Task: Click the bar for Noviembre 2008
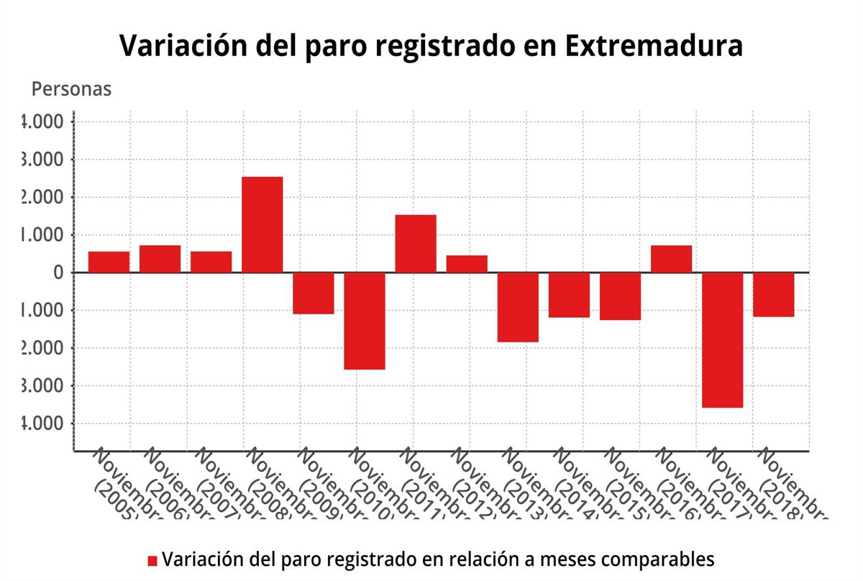click(x=262, y=224)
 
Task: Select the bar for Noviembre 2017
click(x=723, y=339)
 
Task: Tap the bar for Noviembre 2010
click(x=365, y=321)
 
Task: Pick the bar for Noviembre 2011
click(x=416, y=244)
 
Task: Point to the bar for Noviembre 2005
click(x=109, y=262)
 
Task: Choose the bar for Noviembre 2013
click(x=518, y=307)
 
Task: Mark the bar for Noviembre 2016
click(x=672, y=259)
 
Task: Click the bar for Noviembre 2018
click(x=774, y=295)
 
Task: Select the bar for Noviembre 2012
click(x=467, y=264)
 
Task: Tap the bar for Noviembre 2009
click(x=314, y=293)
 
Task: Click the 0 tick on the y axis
click(x=58, y=273)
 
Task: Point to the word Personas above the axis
click(x=71, y=89)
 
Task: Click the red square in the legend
click(x=152, y=560)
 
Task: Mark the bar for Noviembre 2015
click(x=620, y=296)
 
